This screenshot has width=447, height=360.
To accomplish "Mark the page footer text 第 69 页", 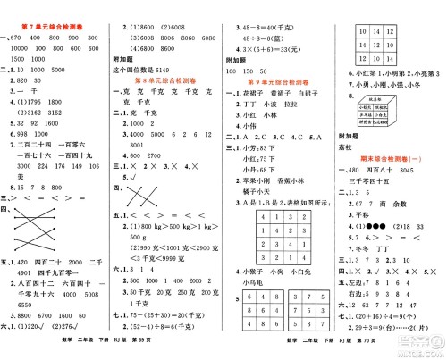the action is [192, 351].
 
